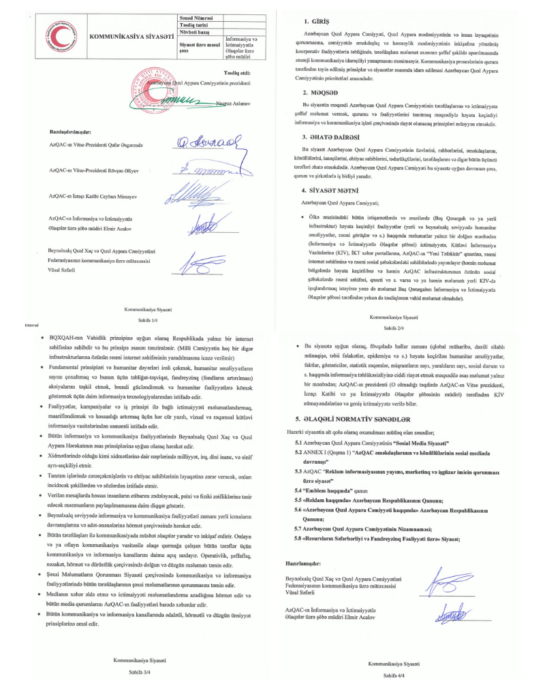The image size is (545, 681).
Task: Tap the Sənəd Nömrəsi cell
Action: [197, 17]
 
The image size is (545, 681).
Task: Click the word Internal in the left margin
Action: [33, 326]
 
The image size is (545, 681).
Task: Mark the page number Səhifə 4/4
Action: [394, 673]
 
